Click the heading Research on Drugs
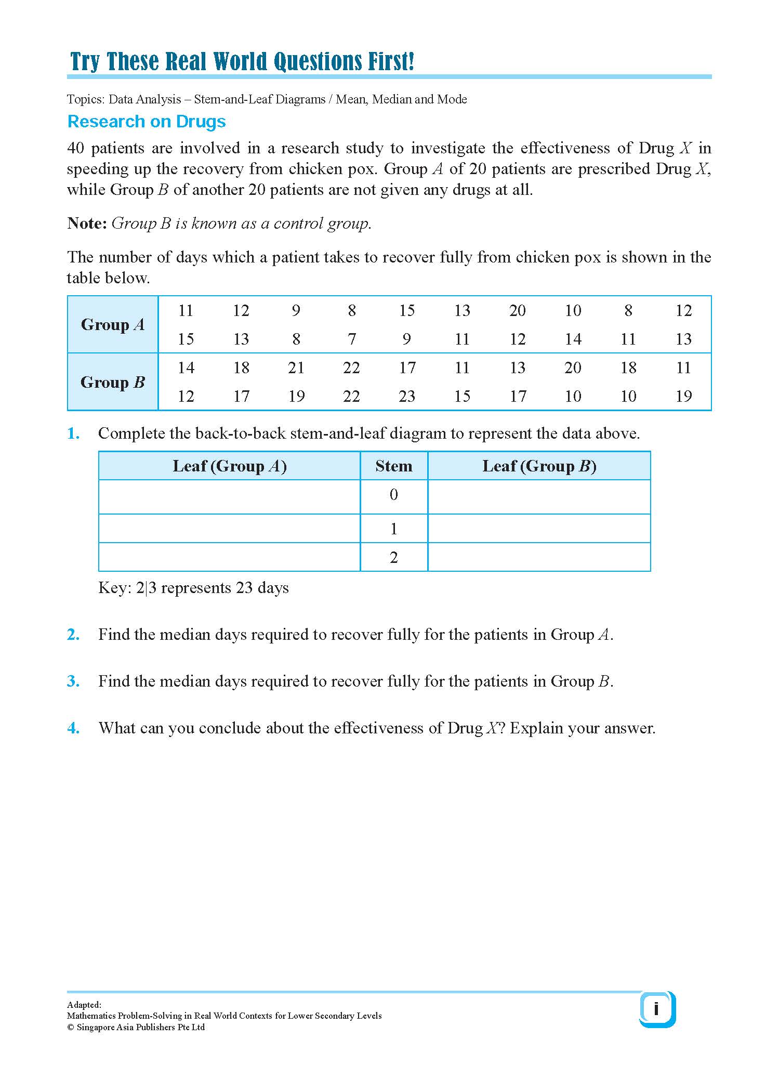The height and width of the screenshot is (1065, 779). coord(147,122)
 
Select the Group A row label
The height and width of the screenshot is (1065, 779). coord(113,325)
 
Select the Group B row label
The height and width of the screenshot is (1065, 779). coord(113,382)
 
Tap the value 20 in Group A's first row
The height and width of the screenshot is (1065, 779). coord(517,311)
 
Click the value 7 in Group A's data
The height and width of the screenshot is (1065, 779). coord(352,339)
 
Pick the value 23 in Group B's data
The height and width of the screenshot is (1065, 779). coord(407,397)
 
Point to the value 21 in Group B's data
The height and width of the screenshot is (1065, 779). coord(296,368)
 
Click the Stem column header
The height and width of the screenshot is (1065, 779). coord(394,466)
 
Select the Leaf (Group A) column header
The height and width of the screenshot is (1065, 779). coord(229,466)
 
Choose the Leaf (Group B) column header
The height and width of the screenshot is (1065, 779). coord(539,466)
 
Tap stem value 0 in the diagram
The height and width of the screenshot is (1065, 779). coord(394,495)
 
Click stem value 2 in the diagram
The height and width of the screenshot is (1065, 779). coord(394,557)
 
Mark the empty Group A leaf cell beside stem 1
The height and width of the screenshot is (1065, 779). coord(229,529)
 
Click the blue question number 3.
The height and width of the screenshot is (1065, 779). coord(73,681)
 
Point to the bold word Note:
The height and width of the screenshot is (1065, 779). coord(87,223)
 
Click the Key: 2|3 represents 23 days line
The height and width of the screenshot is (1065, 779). coord(193,588)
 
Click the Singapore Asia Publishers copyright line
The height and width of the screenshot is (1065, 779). coord(136,1027)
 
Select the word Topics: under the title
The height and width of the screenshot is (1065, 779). coord(85,99)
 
